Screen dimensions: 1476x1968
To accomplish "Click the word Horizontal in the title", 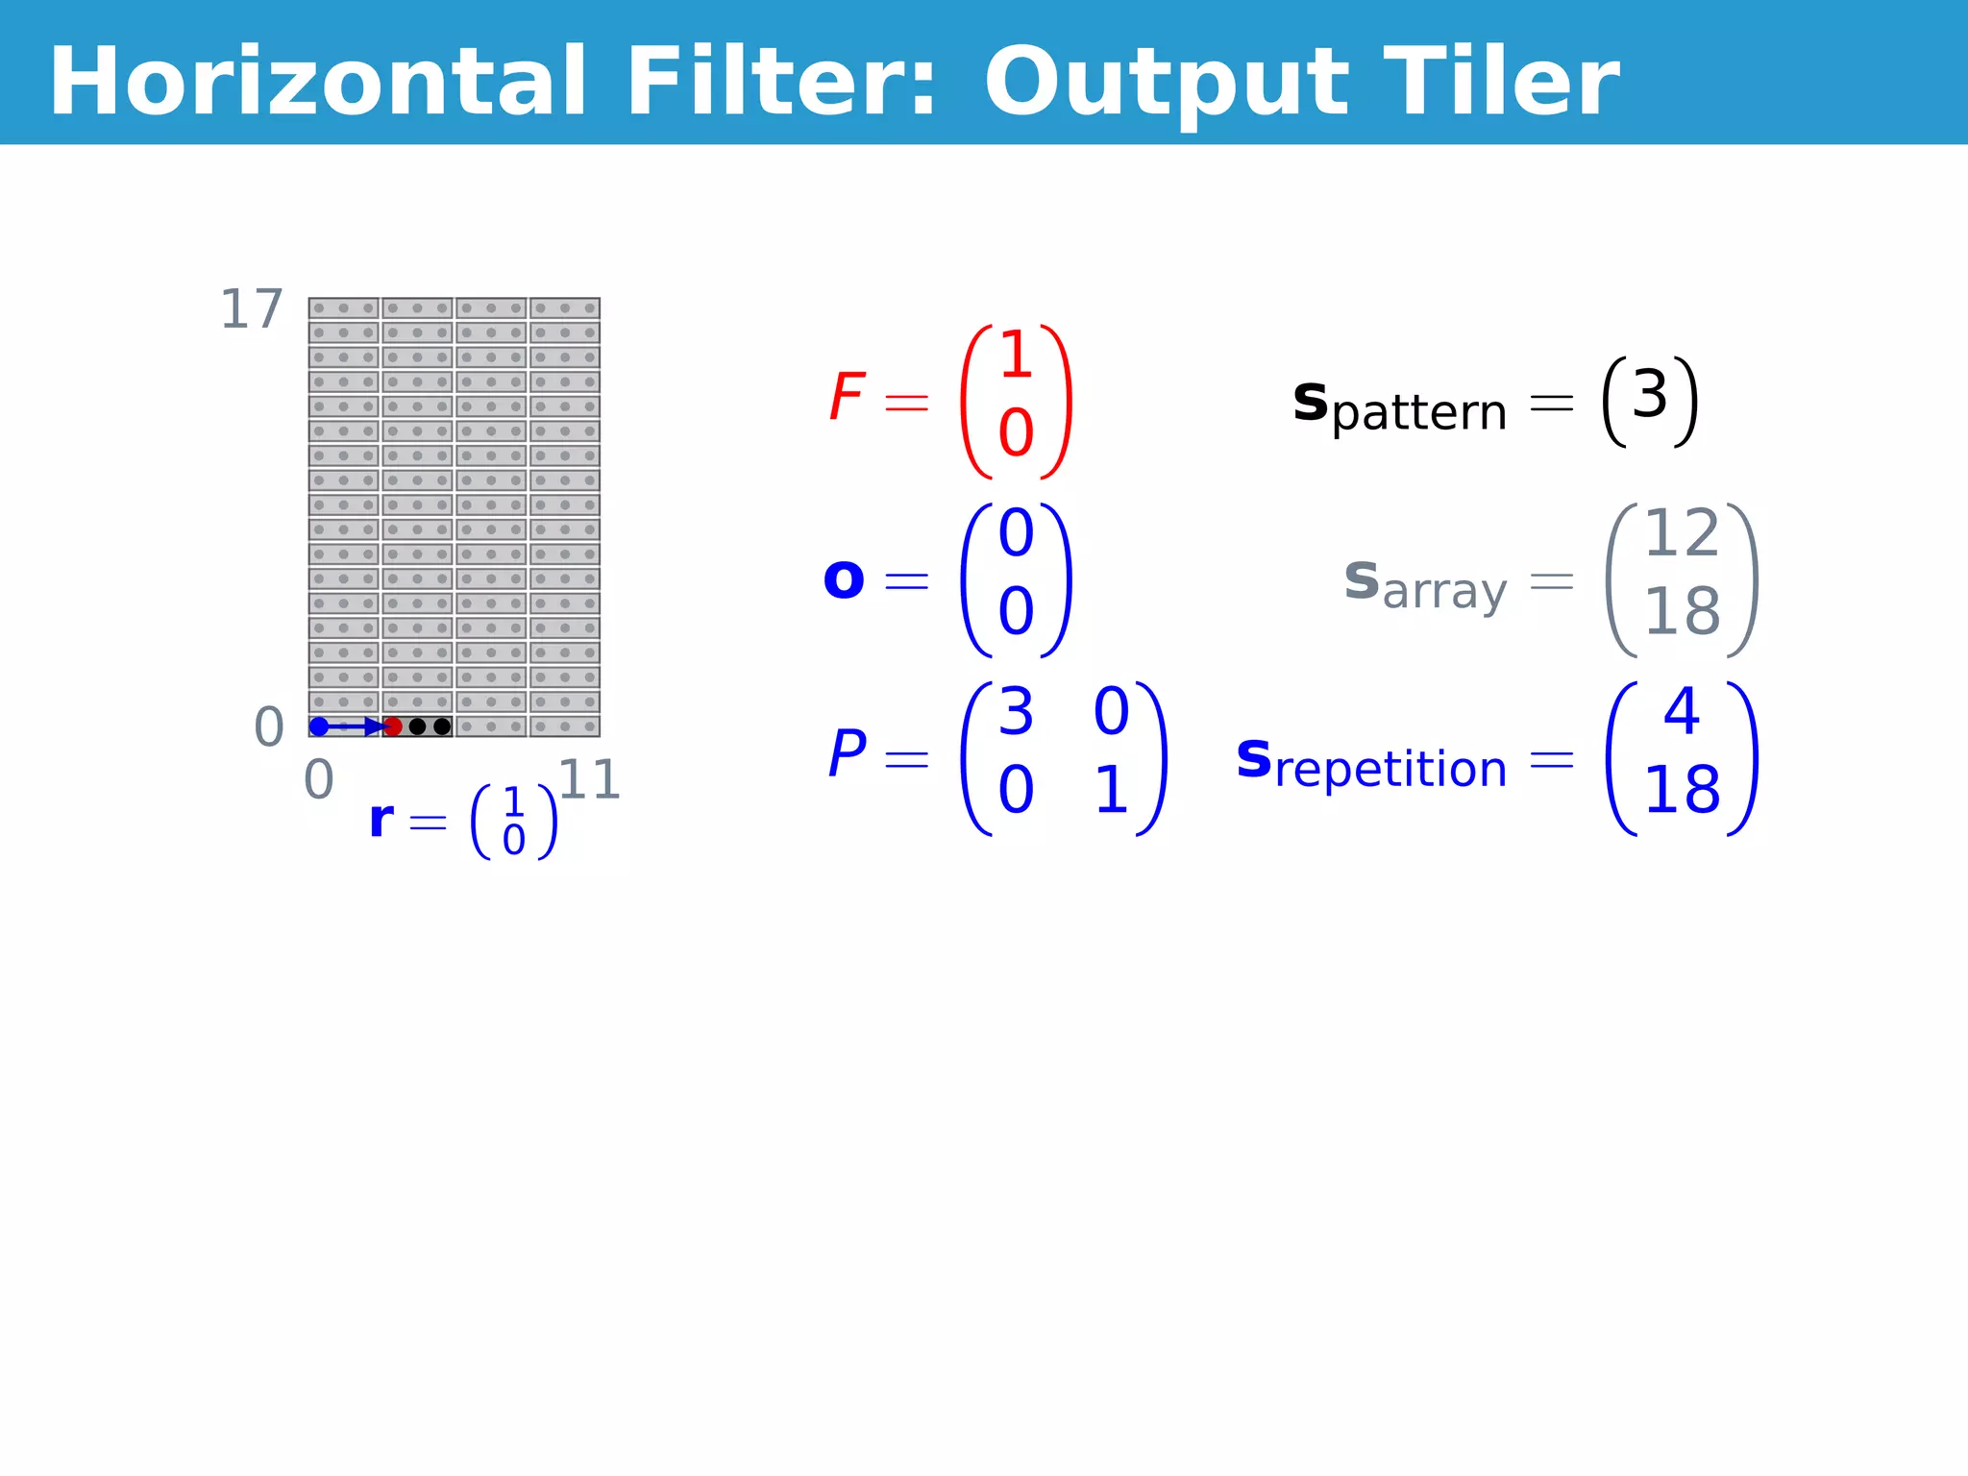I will pyautogui.click(x=317, y=83).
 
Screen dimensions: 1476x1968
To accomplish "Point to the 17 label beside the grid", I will pyautogui.click(x=252, y=310).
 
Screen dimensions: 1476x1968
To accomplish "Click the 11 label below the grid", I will pyautogui.click(x=589, y=780).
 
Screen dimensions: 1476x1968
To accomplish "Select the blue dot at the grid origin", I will pyautogui.click(x=319, y=726).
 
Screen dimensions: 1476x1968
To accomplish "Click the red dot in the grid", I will pyautogui.click(x=393, y=726).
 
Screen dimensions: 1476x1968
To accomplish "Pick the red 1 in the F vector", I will pyautogui.click(x=1016, y=356).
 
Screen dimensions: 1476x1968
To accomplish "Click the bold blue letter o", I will pyautogui.click(x=844, y=579).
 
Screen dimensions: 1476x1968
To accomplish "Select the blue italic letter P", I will pyautogui.click(x=847, y=754).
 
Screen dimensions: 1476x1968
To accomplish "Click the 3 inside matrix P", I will pyautogui.click(x=1016, y=713).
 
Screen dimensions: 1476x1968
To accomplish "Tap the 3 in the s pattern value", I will pyautogui.click(x=1649, y=395).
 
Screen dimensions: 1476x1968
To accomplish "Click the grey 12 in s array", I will pyautogui.click(x=1681, y=534).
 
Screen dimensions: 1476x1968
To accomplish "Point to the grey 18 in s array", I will pyautogui.click(x=1681, y=611).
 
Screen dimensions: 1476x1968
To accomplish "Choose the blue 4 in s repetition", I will pyautogui.click(x=1682, y=712).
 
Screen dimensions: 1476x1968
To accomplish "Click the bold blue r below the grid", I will pyautogui.click(x=381, y=820).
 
